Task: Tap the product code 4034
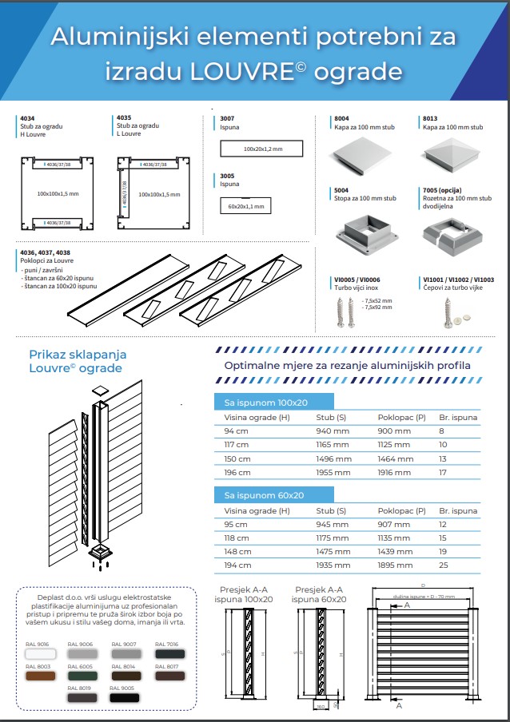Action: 26,117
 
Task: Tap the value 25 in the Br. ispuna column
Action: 443,565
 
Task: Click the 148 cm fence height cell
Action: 237,551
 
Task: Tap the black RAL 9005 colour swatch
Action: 124,696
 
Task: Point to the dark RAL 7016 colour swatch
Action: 167,653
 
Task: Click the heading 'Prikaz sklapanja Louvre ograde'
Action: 77,361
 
